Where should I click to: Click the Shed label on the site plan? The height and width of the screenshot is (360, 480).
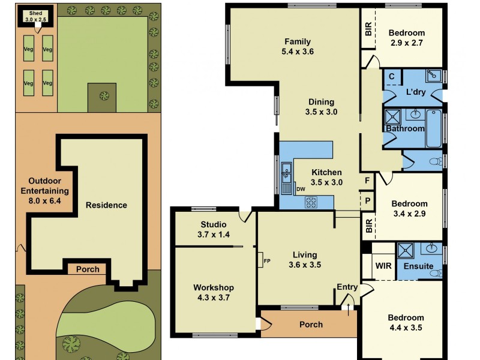pyautogui.click(x=35, y=13)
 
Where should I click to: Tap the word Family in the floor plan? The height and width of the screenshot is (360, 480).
pyautogui.click(x=298, y=42)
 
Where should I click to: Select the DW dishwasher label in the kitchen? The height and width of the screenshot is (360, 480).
pyautogui.click(x=301, y=189)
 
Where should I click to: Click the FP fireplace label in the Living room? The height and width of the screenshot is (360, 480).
pyautogui.click(x=267, y=260)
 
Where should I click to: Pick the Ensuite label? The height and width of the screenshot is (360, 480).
pyautogui.click(x=418, y=266)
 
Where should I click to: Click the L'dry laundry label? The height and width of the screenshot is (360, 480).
pyautogui.click(x=416, y=92)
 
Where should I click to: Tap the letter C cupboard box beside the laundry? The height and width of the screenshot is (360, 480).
pyautogui.click(x=391, y=77)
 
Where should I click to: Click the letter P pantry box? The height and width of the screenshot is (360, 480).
pyautogui.click(x=366, y=200)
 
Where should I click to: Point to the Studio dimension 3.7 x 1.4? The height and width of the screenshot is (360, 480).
pyautogui.click(x=214, y=235)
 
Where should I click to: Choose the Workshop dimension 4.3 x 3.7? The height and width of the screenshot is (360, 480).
pyautogui.click(x=214, y=297)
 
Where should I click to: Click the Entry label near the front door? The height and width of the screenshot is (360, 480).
pyautogui.click(x=347, y=287)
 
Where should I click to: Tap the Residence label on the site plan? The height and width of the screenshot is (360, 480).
pyautogui.click(x=106, y=205)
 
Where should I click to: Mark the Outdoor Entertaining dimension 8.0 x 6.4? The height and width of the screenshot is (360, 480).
pyautogui.click(x=49, y=201)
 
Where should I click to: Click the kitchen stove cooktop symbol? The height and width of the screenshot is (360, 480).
pyautogui.click(x=311, y=202)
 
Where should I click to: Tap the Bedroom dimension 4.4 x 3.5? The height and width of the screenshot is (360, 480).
pyautogui.click(x=406, y=328)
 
